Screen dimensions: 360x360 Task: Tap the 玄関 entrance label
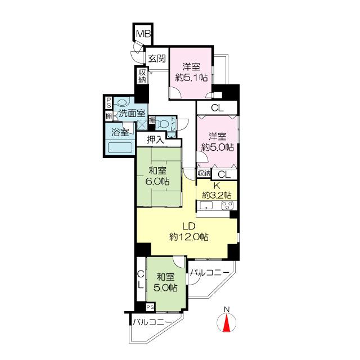coord(157,58)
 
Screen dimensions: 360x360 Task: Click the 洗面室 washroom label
coord(132,113)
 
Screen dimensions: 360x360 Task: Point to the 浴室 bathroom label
coord(120,133)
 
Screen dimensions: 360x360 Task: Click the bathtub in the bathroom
coord(120,148)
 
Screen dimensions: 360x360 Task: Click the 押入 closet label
coord(156,139)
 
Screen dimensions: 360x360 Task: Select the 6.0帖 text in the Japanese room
coord(159,181)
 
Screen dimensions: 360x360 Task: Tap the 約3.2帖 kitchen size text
coord(217,195)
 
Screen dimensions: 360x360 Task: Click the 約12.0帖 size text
coord(189,237)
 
